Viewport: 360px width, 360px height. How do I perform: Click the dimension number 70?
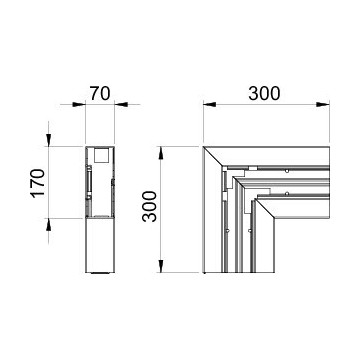point(100,94)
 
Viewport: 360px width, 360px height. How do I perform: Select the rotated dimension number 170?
point(38,183)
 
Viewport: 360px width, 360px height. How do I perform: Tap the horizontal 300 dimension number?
point(264,94)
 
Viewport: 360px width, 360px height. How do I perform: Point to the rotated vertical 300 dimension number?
point(149,206)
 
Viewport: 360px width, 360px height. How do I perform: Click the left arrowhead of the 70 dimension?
point(79,104)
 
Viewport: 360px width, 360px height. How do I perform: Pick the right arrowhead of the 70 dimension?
point(121,104)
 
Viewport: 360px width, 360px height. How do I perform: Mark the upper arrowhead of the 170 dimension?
point(49,140)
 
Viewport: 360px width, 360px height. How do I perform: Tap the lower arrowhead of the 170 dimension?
point(49,225)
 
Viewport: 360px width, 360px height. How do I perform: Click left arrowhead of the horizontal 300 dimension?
point(210,104)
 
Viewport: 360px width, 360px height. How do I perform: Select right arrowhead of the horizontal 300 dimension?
point(323,104)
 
